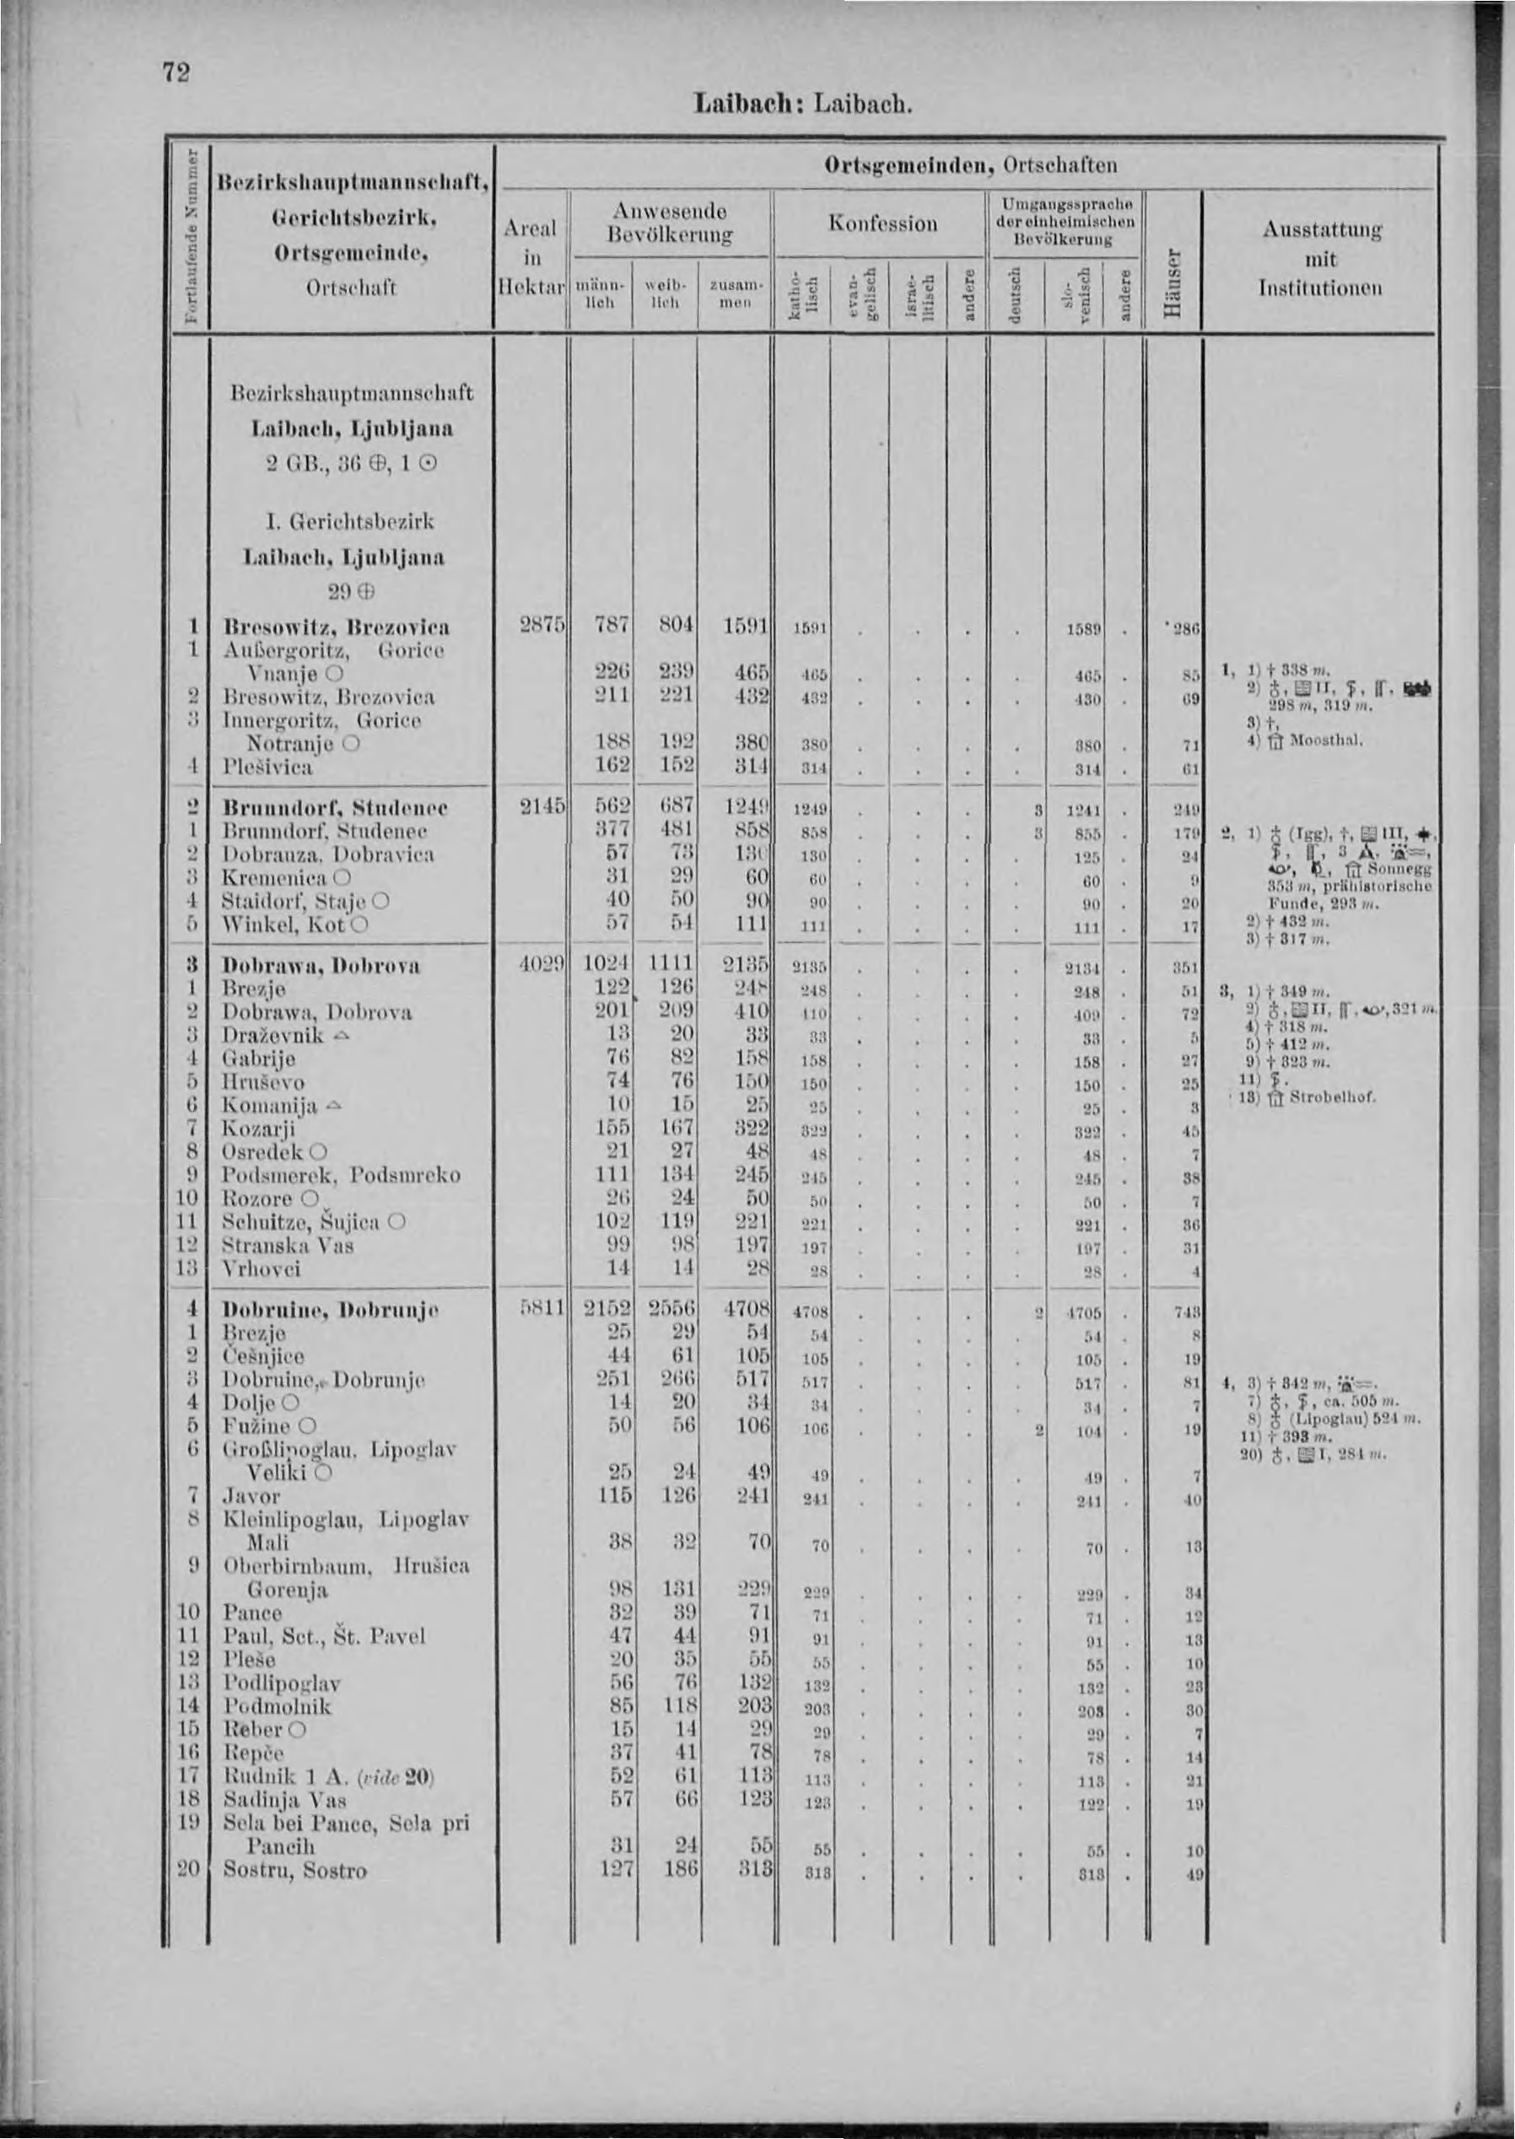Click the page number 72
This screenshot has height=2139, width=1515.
[x=176, y=73]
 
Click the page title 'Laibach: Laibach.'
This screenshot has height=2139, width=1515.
[x=802, y=104]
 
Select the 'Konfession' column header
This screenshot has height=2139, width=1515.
[x=882, y=224]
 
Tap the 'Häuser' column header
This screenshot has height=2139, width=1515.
[x=1175, y=281]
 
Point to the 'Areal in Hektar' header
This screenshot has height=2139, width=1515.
[x=530, y=257]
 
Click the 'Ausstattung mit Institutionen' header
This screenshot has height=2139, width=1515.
[x=1321, y=258]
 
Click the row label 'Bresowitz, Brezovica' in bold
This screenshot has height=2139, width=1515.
[x=335, y=626]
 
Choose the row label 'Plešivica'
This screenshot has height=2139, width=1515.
[x=267, y=767]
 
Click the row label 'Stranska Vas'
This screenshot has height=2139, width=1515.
[x=288, y=1245]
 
